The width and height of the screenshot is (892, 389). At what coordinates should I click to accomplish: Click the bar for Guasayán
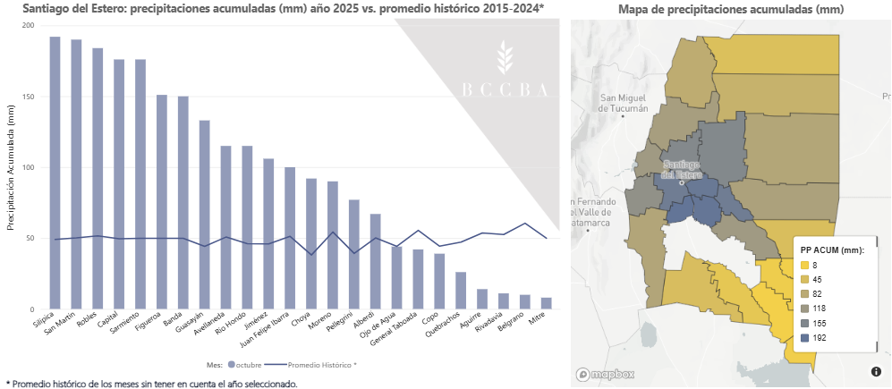tap(204, 215)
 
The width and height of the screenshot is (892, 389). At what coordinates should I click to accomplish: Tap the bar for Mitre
tap(546, 303)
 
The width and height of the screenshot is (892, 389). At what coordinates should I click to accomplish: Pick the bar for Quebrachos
tap(460, 291)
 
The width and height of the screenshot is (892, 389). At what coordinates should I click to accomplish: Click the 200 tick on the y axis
tap(28, 25)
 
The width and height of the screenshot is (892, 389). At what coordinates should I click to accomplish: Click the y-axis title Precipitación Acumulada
tap(11, 168)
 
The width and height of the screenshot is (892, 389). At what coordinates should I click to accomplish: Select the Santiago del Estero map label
tap(682, 170)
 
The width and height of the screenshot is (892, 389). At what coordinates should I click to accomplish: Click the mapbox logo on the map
tap(605, 375)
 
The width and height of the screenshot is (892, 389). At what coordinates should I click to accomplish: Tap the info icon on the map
tap(876, 371)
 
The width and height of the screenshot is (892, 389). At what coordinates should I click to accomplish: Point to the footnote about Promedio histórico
tap(152, 383)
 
